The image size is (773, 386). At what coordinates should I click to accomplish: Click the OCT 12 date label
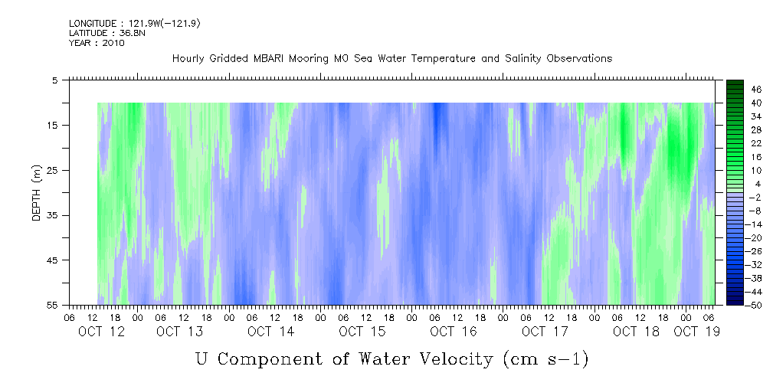tap(101, 332)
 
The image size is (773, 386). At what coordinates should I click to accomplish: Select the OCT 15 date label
tap(362, 332)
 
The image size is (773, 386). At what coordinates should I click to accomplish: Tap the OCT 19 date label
tap(696, 332)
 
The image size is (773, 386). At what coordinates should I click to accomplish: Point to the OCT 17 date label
tap(545, 332)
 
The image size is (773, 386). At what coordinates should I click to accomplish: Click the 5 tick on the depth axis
tap(54, 80)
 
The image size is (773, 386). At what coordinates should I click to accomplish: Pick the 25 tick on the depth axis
tap(52, 171)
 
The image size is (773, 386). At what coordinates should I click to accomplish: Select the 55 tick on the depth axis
tap(52, 305)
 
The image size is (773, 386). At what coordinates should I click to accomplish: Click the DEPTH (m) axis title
tap(37, 192)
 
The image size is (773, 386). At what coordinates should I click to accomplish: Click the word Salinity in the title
tap(523, 59)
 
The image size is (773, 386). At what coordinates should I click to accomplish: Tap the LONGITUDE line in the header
tap(135, 24)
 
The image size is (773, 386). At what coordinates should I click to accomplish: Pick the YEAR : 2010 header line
tap(97, 43)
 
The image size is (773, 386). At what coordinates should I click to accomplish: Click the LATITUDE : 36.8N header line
tap(107, 33)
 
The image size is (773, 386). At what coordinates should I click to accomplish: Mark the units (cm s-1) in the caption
tap(546, 360)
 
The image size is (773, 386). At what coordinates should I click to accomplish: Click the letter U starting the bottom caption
tap(203, 359)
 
